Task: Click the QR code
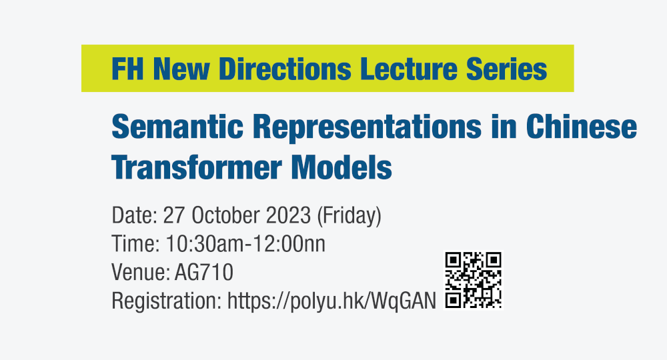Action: point(473,280)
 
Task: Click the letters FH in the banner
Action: point(127,69)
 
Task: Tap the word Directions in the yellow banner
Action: point(285,69)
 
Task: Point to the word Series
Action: point(507,69)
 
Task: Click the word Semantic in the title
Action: point(177,127)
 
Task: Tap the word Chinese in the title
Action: point(581,127)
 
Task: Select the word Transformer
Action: point(197,167)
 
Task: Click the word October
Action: point(225,215)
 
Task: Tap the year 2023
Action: point(288,215)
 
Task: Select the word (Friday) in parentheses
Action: point(349,216)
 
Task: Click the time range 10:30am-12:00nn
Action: point(245,244)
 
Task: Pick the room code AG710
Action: point(203,273)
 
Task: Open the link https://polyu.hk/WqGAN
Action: point(331,301)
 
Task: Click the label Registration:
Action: point(166,301)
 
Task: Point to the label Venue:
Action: point(141,273)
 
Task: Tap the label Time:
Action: point(135,244)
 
